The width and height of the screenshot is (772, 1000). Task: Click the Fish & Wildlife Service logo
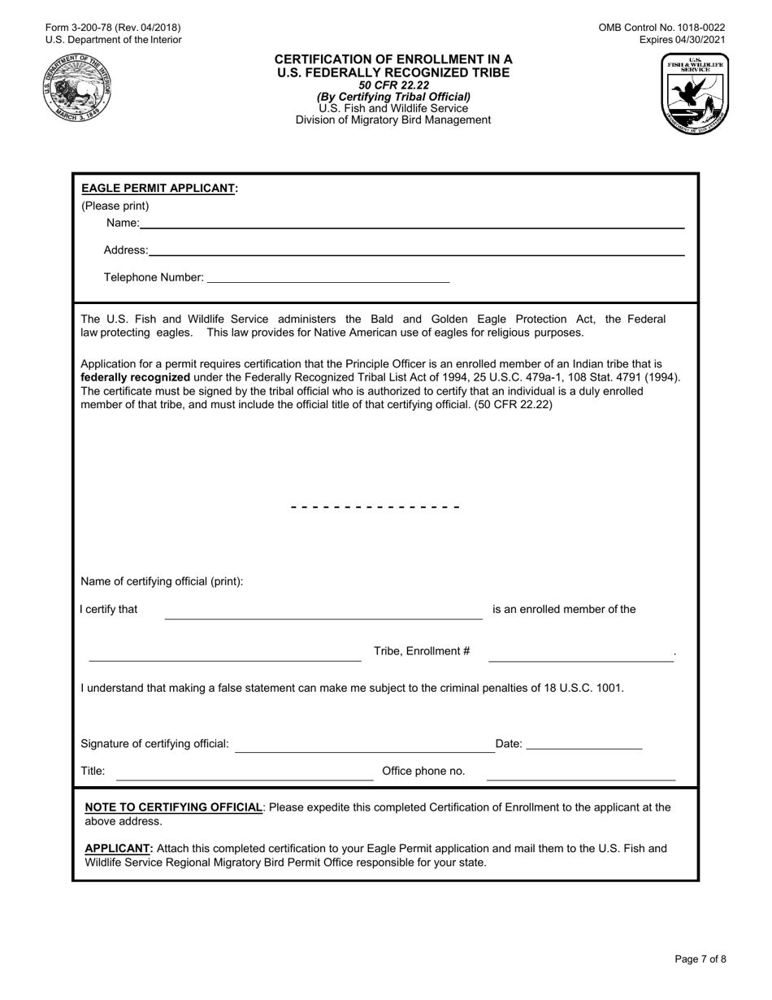(x=696, y=93)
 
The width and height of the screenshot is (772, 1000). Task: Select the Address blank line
(x=416, y=254)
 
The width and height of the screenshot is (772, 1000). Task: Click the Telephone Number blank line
(x=328, y=281)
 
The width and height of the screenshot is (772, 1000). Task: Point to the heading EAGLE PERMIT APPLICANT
(x=158, y=188)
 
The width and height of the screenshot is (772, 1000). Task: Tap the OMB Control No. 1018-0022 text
(x=661, y=27)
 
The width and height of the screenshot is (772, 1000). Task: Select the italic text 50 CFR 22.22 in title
(x=393, y=85)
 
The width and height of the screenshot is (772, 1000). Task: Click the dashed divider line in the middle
(x=375, y=507)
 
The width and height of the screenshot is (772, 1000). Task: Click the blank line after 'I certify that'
(x=323, y=618)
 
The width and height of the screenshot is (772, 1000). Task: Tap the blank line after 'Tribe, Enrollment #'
(x=581, y=660)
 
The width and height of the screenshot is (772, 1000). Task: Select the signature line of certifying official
(x=365, y=751)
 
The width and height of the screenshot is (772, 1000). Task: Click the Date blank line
(x=584, y=747)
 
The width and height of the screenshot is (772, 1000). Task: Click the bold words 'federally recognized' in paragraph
(x=136, y=377)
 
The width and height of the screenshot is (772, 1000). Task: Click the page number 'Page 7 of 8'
(x=700, y=959)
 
